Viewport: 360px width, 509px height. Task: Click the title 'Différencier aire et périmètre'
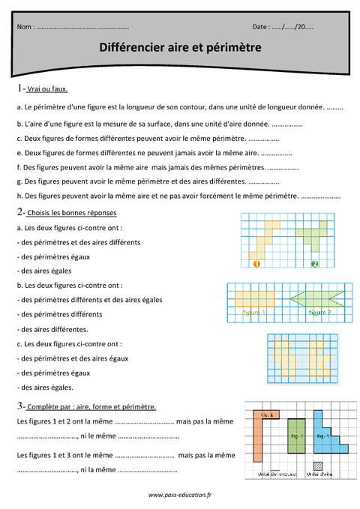180,47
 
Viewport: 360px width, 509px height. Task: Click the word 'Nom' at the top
25,27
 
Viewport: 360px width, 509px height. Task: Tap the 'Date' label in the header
262,27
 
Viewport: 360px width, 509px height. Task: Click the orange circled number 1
256,263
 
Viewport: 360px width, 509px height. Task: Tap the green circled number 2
315,263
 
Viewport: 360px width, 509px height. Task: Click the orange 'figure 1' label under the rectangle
253,311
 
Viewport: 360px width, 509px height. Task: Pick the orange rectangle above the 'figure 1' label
255,298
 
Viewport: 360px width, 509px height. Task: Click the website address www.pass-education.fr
180,495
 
